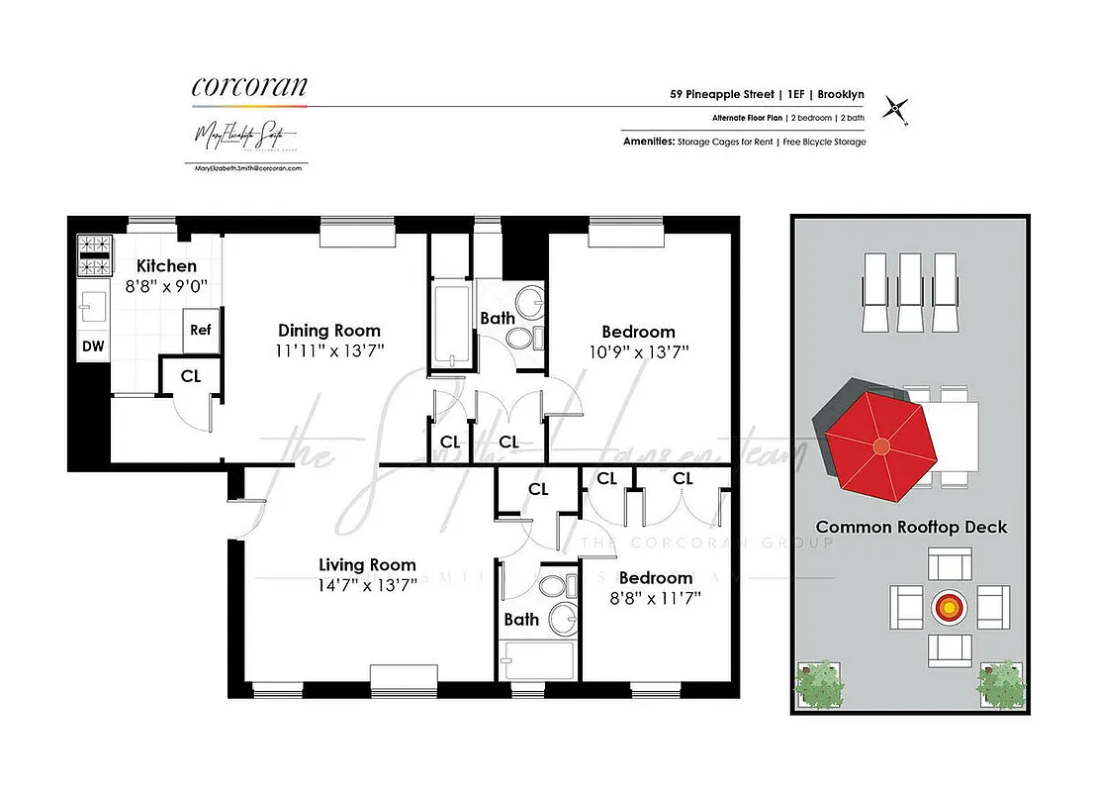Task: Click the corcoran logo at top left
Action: tap(248, 87)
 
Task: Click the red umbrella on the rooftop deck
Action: tap(880, 445)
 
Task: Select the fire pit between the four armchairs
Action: tap(950, 603)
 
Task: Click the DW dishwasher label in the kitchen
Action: tap(93, 346)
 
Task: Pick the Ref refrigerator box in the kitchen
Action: tap(201, 330)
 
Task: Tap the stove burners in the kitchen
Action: tap(93, 254)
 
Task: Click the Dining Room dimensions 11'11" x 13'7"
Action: tap(329, 350)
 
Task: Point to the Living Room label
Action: tap(367, 565)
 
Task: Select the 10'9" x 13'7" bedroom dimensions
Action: tap(638, 351)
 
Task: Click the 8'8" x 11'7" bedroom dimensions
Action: tap(655, 597)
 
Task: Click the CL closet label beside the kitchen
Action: tap(191, 376)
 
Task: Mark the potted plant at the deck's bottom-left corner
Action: tap(818, 683)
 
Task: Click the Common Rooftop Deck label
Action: tap(910, 527)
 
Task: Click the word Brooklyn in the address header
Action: tap(841, 95)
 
